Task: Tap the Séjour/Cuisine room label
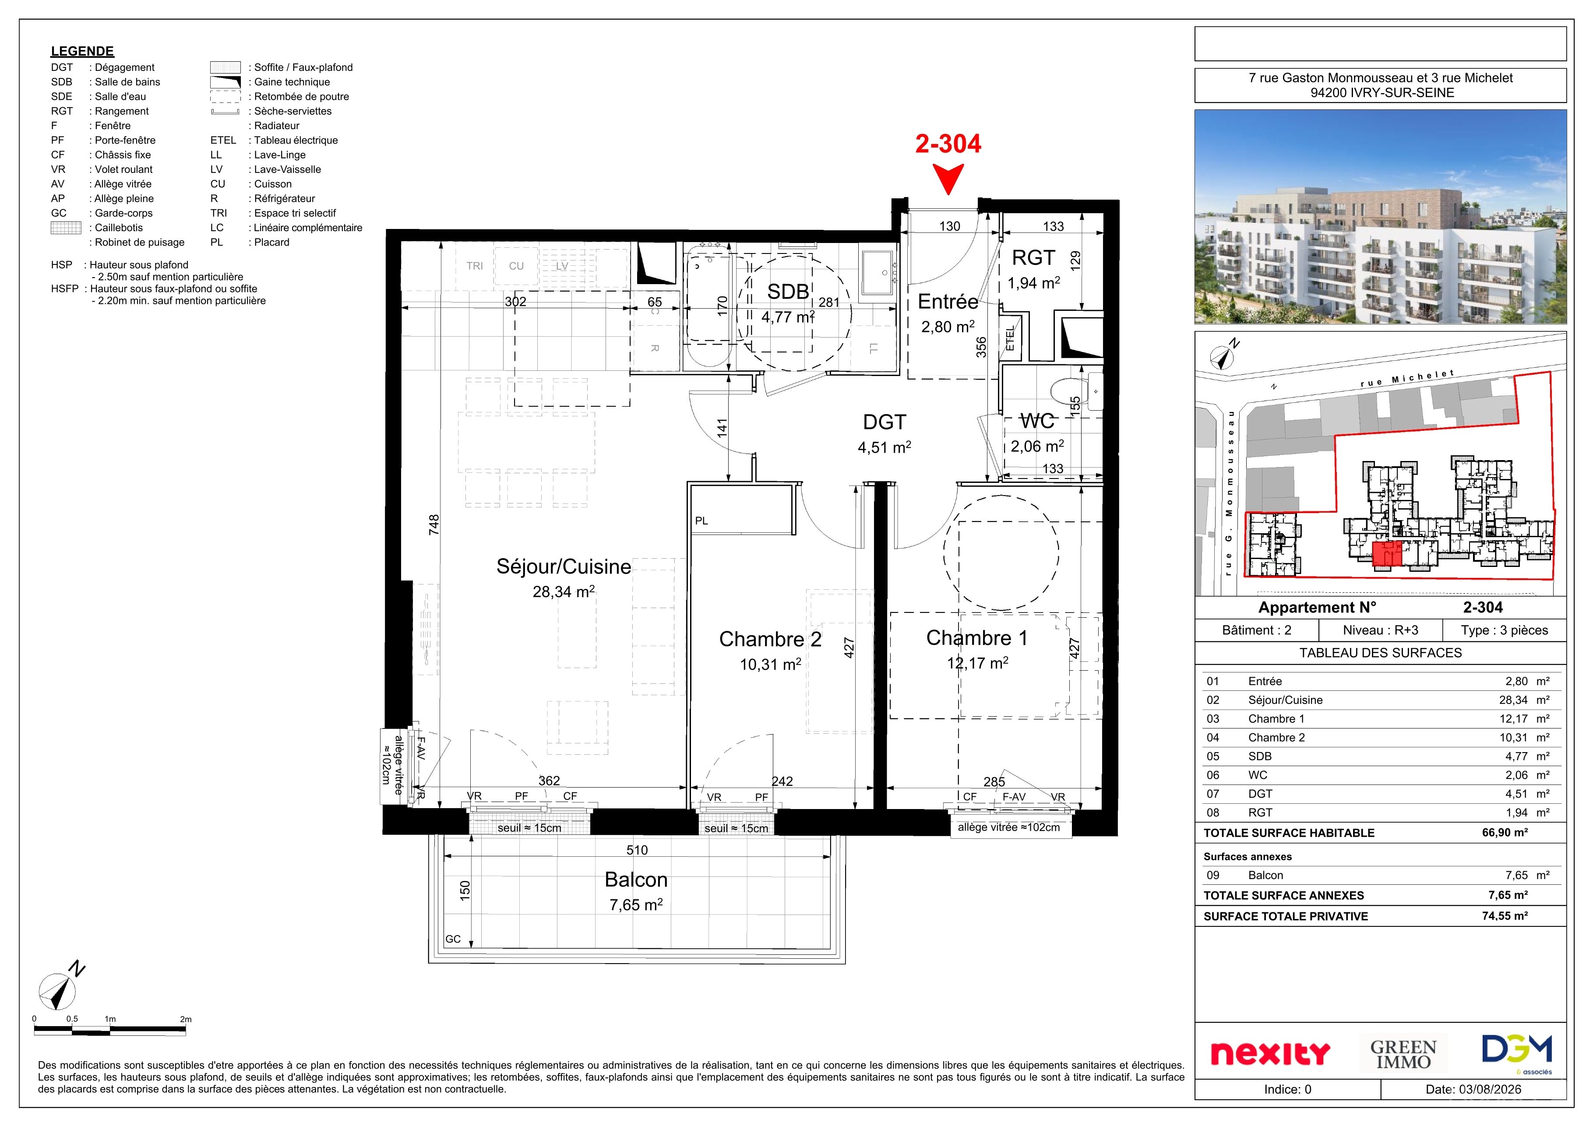point(564,567)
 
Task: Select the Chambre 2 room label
point(770,639)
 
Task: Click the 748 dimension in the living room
point(433,524)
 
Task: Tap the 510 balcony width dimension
point(637,850)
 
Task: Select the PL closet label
point(701,521)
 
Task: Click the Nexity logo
point(1270,1053)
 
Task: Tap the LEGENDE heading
point(82,51)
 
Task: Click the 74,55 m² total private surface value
point(1505,916)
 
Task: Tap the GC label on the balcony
point(453,940)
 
